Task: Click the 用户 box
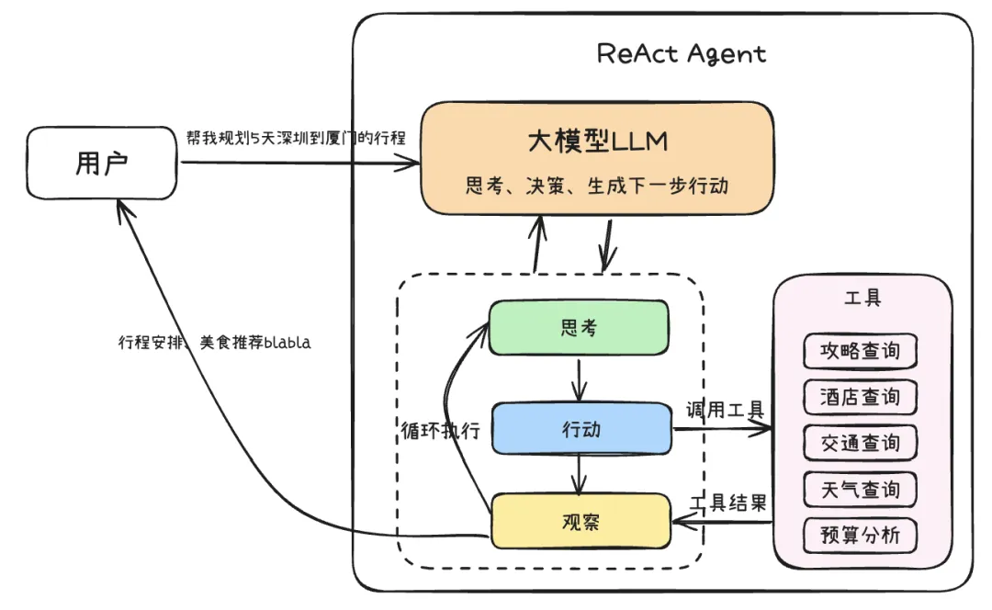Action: tap(101, 164)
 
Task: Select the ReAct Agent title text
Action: tap(681, 53)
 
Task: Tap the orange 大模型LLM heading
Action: tap(596, 141)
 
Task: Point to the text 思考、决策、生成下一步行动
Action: tap(596, 186)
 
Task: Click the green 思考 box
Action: tap(578, 327)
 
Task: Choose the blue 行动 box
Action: tap(581, 428)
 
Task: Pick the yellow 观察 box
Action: tap(581, 521)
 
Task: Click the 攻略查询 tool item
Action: tap(860, 351)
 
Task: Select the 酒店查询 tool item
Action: tap(860, 397)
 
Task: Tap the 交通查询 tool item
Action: tap(860, 443)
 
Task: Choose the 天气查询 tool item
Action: tap(860, 489)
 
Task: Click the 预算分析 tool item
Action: tap(860, 536)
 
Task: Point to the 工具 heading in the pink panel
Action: tap(862, 299)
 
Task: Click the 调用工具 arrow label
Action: tap(726, 410)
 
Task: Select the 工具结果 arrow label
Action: tap(727, 503)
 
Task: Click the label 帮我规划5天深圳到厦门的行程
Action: tap(295, 137)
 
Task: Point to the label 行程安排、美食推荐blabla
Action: tap(214, 343)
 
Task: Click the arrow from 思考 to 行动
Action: tap(578, 377)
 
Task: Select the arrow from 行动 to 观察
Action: tap(578, 473)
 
